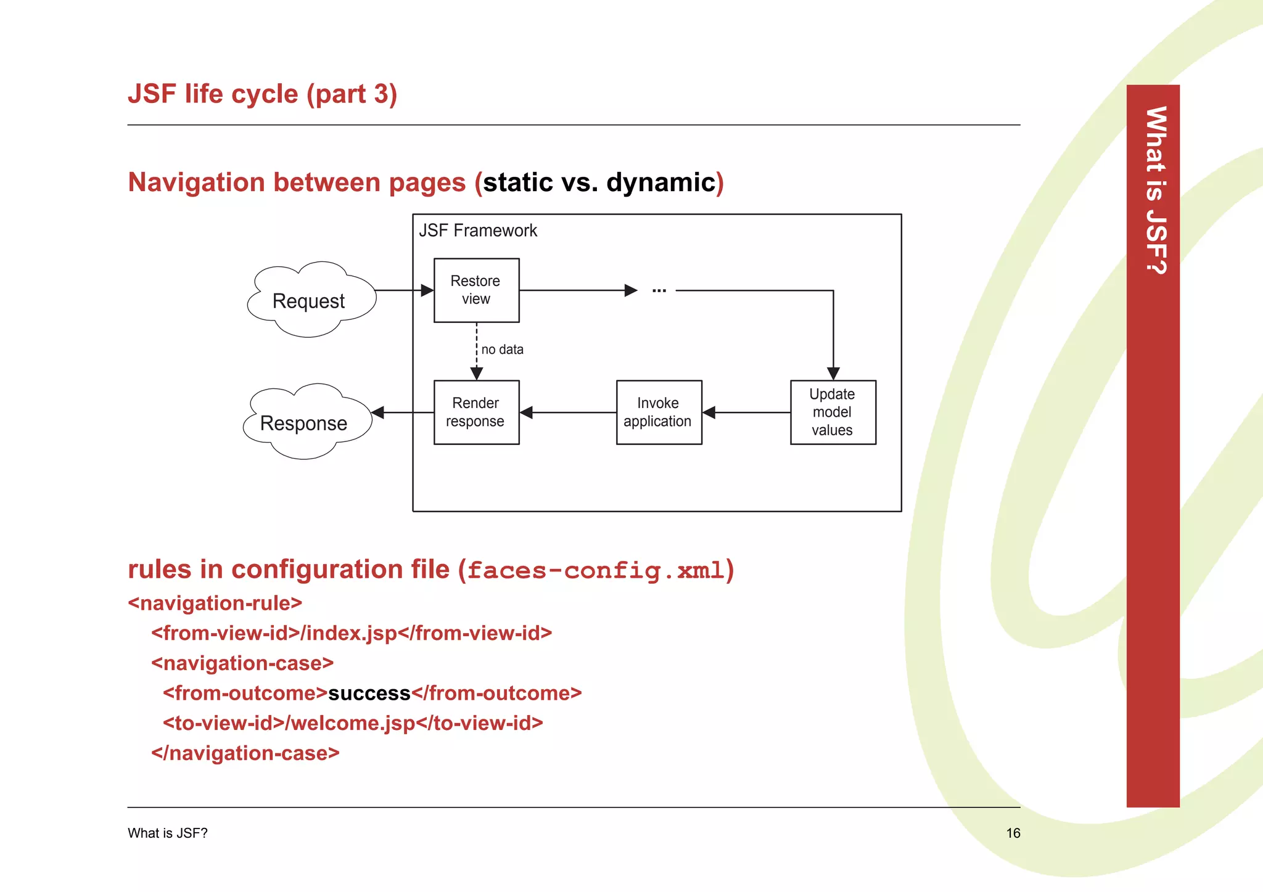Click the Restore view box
pyautogui.click(x=476, y=290)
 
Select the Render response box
pyautogui.click(x=476, y=412)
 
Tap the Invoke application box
pyautogui.click(x=659, y=412)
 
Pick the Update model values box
pyautogui.click(x=833, y=412)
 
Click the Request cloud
pyautogui.click(x=309, y=301)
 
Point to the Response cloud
pyautogui.click(x=304, y=423)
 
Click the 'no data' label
pyautogui.click(x=503, y=350)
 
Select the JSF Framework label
pyautogui.click(x=478, y=231)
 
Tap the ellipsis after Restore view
pyautogui.click(x=659, y=290)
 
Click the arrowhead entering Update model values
pyautogui.click(x=833, y=374)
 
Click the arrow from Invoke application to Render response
pyautogui.click(x=567, y=412)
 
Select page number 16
pyautogui.click(x=1013, y=833)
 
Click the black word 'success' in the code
pyautogui.click(x=369, y=694)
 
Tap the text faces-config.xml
pyautogui.click(x=595, y=570)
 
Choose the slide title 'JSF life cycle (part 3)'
pyautogui.click(x=262, y=94)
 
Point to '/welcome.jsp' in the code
pyautogui.click(x=350, y=723)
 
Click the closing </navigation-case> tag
pyautogui.click(x=245, y=753)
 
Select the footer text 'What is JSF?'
pyautogui.click(x=167, y=833)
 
